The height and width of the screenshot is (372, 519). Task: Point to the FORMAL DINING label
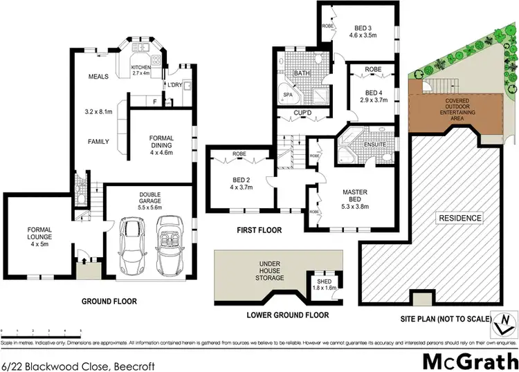161,142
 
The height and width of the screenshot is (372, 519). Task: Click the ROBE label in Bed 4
373,70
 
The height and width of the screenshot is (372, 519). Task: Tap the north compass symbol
505,322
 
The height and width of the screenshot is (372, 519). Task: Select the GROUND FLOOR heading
109,301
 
